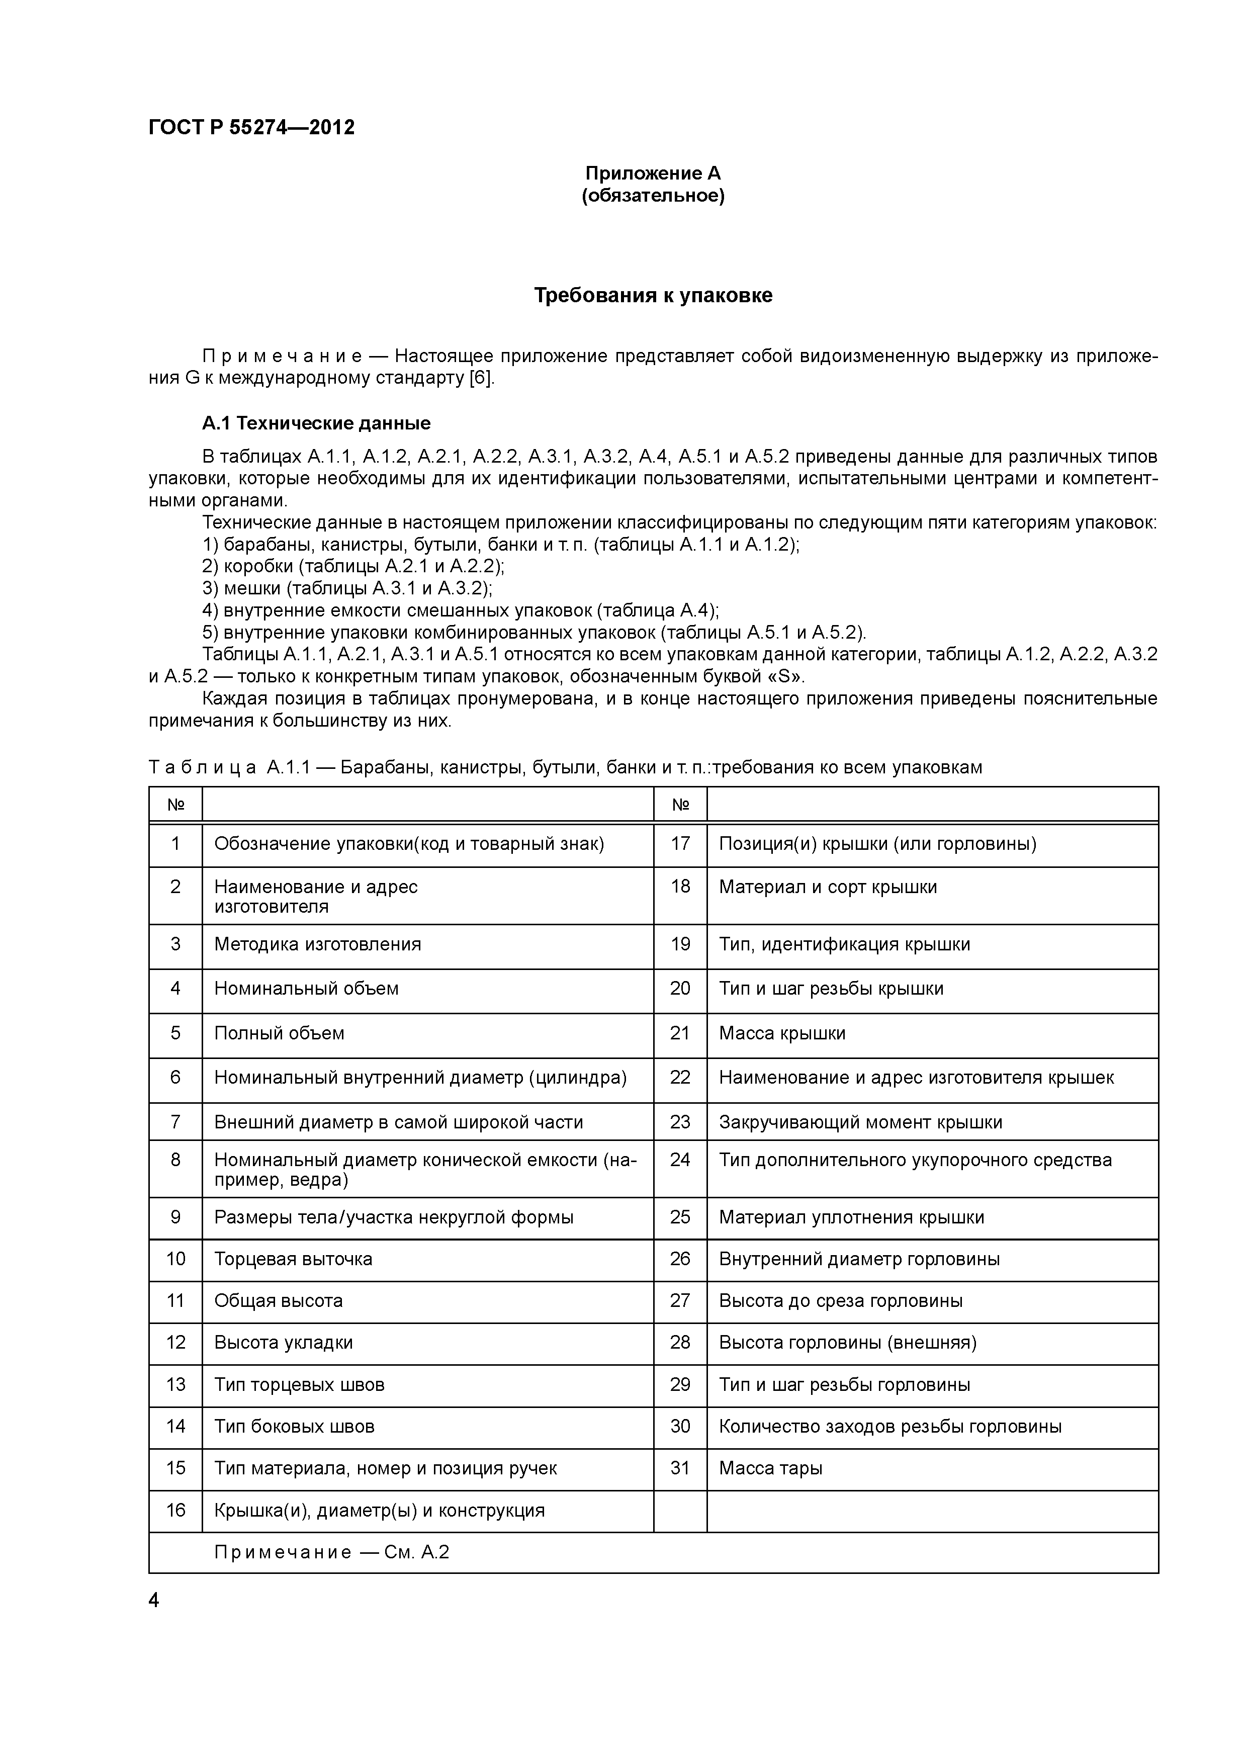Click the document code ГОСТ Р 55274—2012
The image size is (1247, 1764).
point(251,128)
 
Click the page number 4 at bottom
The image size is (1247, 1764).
point(154,1601)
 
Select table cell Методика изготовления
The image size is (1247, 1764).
point(317,944)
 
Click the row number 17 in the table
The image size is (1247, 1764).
point(680,844)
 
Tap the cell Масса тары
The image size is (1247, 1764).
point(771,1468)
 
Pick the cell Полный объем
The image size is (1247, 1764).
point(279,1033)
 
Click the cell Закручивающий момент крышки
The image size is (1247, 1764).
point(860,1122)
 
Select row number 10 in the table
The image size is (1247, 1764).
point(176,1259)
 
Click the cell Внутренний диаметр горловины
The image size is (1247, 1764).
point(859,1259)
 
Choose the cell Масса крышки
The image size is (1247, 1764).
point(782,1033)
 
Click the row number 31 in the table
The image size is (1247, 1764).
point(680,1468)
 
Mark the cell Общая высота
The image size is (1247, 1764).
point(278,1301)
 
